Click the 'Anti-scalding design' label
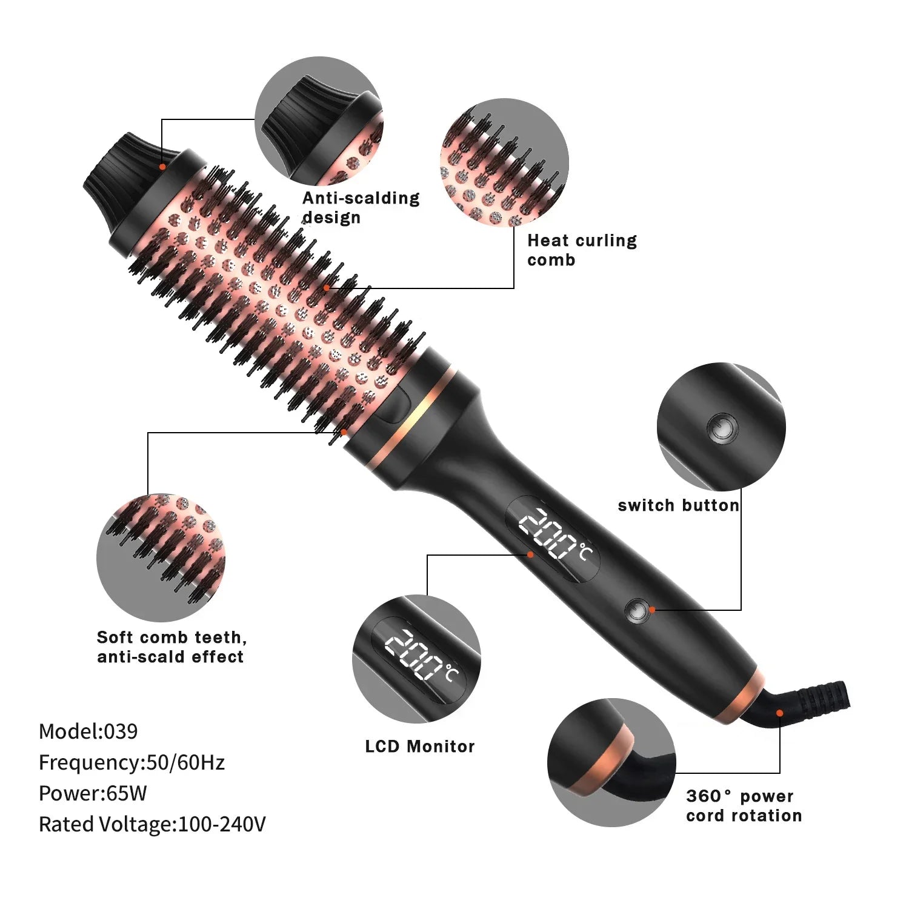[361, 207]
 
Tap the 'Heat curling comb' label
[582, 250]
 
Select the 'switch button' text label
[679, 505]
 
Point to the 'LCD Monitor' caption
[420, 746]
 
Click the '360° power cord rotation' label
[744, 805]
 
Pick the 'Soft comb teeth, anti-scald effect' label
[171, 647]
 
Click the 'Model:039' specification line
[88, 731]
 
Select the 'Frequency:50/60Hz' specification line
[132, 762]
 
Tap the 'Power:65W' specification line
[93, 793]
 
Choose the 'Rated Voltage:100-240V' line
[152, 824]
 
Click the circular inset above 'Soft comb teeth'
[161, 558]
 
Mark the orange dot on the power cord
[780, 713]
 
